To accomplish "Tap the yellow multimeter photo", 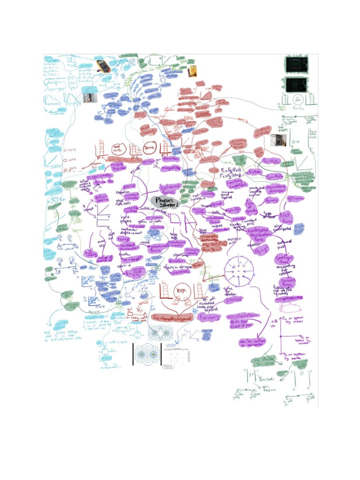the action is [x=103, y=66].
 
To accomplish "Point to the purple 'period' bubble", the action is [x=233, y=300].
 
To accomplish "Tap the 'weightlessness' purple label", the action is [x=289, y=297].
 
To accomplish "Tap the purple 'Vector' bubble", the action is [x=149, y=161].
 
